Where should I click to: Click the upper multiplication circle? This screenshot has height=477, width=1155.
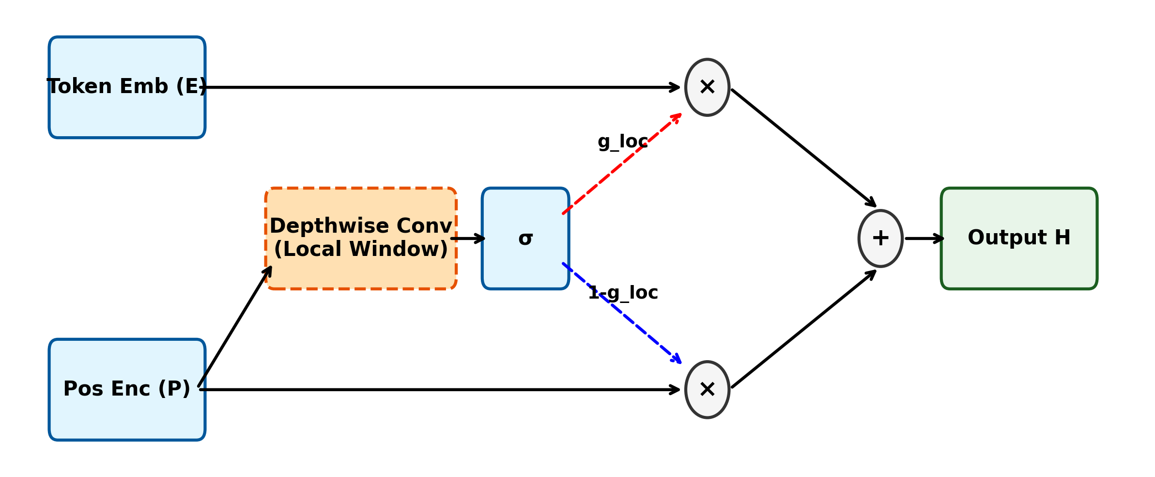click(x=707, y=87)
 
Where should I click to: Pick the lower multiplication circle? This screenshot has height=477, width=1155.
click(x=707, y=390)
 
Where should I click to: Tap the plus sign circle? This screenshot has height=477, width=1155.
click(x=880, y=238)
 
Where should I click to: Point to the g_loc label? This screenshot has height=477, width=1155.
click(x=622, y=142)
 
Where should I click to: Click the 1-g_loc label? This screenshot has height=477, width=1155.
click(x=623, y=293)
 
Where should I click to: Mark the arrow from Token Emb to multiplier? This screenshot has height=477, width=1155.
click(x=436, y=87)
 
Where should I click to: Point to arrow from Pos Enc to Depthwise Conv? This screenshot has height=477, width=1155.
click(x=235, y=327)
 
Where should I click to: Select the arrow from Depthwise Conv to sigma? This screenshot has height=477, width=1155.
click(x=468, y=238)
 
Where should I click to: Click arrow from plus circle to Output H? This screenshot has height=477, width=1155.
click(x=923, y=238)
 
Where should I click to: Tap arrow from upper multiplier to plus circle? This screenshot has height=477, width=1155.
click(x=804, y=148)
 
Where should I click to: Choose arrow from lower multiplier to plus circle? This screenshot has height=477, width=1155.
click(x=804, y=329)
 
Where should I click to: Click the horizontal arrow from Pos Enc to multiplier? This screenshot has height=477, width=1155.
click(x=436, y=390)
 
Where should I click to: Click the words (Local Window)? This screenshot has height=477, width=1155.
click(x=361, y=250)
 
